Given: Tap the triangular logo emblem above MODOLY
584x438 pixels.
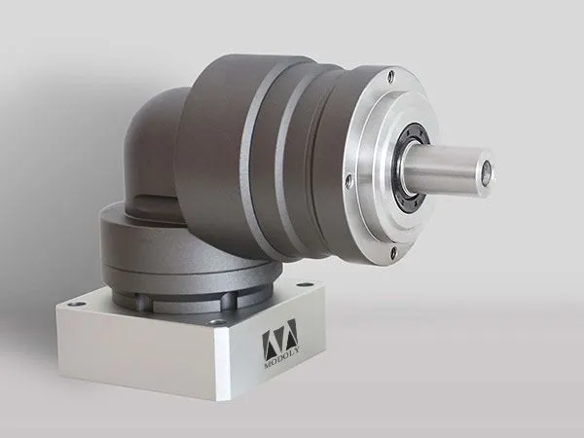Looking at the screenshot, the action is click(279, 337).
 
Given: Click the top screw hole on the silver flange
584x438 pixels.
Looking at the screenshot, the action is click(390, 77).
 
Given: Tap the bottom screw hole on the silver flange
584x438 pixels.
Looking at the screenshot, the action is click(392, 251).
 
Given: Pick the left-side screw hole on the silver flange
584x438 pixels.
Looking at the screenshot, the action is click(348, 181).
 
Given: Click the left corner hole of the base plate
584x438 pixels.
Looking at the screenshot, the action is click(76, 305).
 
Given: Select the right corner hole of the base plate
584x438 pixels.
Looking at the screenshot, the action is click(305, 285).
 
